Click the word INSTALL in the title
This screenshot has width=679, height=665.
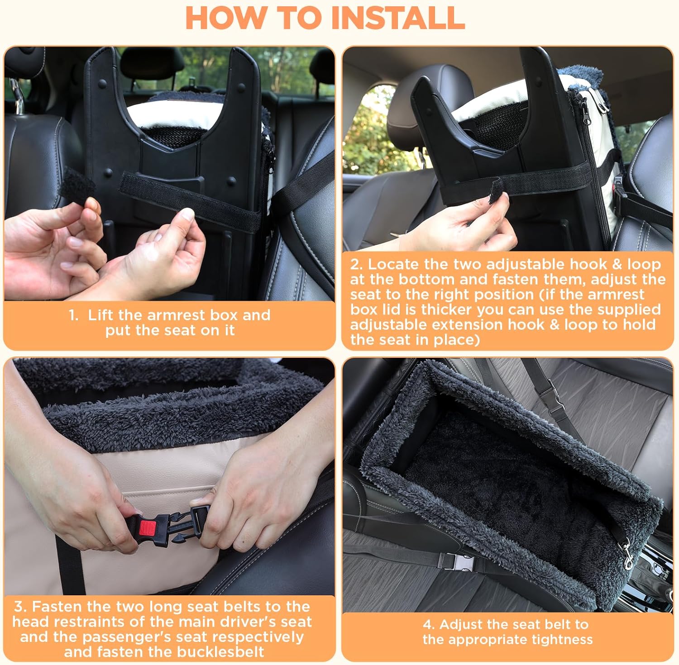[x=397, y=18]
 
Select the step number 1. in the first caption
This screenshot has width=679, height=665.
[x=74, y=315]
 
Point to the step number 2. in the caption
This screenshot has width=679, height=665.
[x=356, y=264]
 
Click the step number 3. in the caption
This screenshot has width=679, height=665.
[x=20, y=606]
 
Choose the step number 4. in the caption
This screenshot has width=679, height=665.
[x=428, y=624]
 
